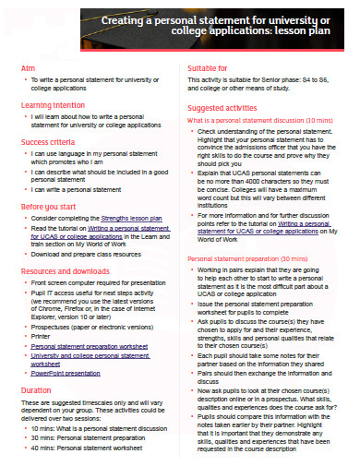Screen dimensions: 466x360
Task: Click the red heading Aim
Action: point(27,68)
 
